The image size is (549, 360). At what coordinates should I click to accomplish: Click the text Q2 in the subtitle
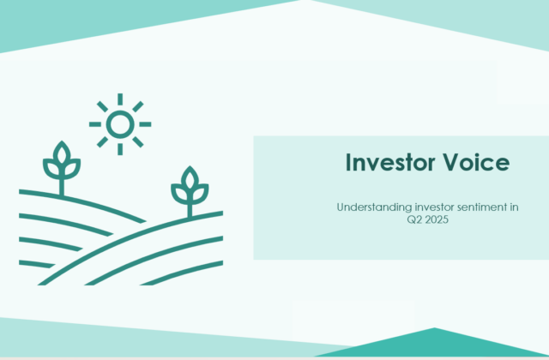coord(414,219)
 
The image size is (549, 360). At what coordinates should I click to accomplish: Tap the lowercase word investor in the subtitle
coord(430,207)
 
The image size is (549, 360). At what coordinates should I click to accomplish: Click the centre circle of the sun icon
coord(120,124)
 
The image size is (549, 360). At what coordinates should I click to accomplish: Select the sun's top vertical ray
coord(120,99)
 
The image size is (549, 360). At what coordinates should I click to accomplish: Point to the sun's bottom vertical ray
coord(120,149)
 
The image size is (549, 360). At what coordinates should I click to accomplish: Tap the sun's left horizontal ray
coord(94,124)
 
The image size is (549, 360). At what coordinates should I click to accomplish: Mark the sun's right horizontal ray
coord(146,124)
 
